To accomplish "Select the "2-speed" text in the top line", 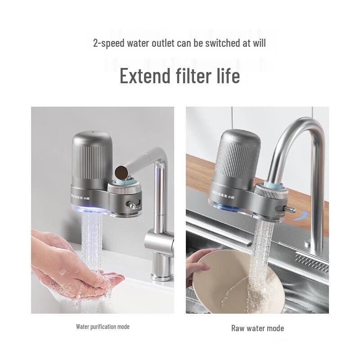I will pyautogui.click(x=109, y=43).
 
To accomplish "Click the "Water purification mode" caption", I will pyautogui.click(x=103, y=327).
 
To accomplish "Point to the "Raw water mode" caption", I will pyautogui.click(x=257, y=328).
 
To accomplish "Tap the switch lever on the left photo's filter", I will pyautogui.click(x=131, y=205).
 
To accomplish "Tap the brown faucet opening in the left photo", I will pyautogui.click(x=122, y=171).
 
